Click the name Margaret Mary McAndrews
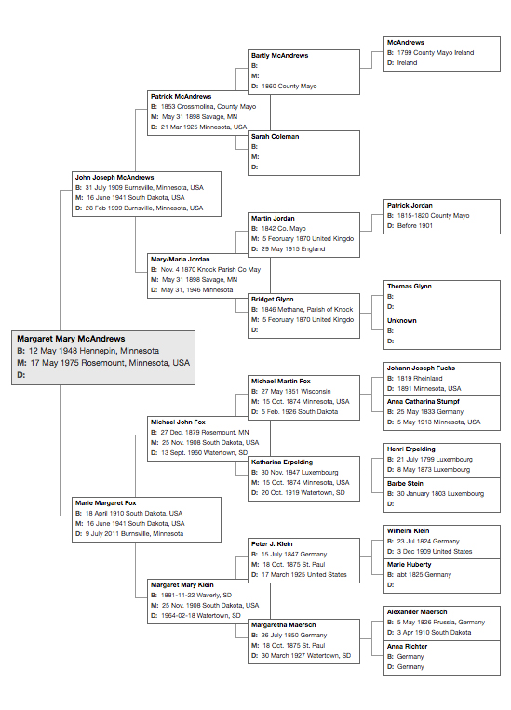pyautogui.click(x=71, y=339)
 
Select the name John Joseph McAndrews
pyautogui.click(x=114, y=178)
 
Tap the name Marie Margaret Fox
pyautogui.click(x=105, y=503)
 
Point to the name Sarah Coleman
pyautogui.click(x=275, y=136)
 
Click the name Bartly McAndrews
pyautogui.click(x=279, y=55)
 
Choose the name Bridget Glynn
pyautogui.click(x=273, y=300)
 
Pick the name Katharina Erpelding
pyautogui.click(x=282, y=462)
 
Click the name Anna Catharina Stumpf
pyautogui.click(x=424, y=402)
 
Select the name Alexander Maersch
pyautogui.click(x=417, y=611)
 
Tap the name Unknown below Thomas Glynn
pyautogui.click(x=402, y=321)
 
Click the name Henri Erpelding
pyautogui.click(x=410, y=449)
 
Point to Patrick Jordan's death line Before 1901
pyautogui.click(x=410, y=226)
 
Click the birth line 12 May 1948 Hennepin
pyautogui.click(x=87, y=351)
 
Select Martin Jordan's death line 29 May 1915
pyautogui.click(x=289, y=249)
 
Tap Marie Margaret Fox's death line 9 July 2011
pyautogui.click(x=129, y=534)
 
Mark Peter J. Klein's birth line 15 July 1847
pyautogui.click(x=289, y=555)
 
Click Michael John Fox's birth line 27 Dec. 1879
pyautogui.click(x=200, y=433)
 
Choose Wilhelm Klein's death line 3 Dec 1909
pyautogui.click(x=429, y=552)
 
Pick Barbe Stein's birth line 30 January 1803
pyautogui.click(x=436, y=494)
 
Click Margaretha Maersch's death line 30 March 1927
pyautogui.click(x=301, y=656)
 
